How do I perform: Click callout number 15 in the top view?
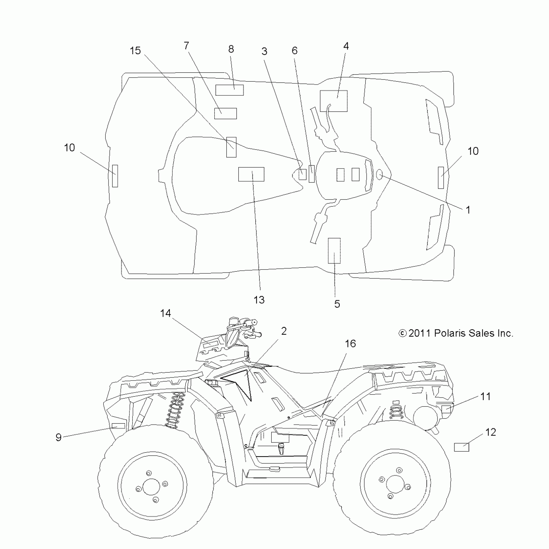[x=135, y=51]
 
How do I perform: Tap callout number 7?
[x=186, y=46]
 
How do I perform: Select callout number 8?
[x=231, y=49]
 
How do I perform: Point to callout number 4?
[x=346, y=46]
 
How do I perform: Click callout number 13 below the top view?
[x=259, y=300]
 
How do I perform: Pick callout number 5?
[x=337, y=304]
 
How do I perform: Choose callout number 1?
[x=468, y=210]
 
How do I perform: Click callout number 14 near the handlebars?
[x=166, y=313]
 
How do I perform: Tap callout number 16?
[x=350, y=344]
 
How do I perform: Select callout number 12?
[x=491, y=432]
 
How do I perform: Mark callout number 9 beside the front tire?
[x=58, y=437]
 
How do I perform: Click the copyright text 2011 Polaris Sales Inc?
[x=456, y=333]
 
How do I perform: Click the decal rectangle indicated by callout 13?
[x=251, y=174]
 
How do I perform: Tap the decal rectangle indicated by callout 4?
[x=334, y=101]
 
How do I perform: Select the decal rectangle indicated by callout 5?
[x=334, y=251]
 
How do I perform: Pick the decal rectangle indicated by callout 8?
[x=229, y=90]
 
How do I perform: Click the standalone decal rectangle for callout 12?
[x=461, y=447]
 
